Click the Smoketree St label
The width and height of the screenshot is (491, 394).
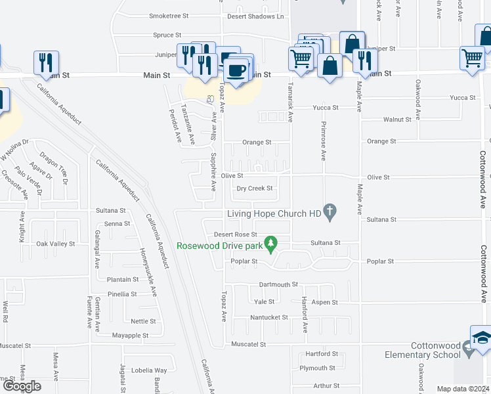169,16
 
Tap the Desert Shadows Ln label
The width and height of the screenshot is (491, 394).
255,16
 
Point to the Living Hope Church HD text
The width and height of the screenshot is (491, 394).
274,213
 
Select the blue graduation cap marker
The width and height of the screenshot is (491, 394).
481,338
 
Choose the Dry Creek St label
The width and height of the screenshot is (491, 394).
255,188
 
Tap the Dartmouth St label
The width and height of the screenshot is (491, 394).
278,284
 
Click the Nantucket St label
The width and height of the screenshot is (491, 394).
269,317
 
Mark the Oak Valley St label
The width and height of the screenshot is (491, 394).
56,244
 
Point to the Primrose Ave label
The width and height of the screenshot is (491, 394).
324,141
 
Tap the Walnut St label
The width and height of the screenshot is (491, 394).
397,120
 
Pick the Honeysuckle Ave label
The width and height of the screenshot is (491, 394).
148,273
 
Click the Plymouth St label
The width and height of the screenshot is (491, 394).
317,368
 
